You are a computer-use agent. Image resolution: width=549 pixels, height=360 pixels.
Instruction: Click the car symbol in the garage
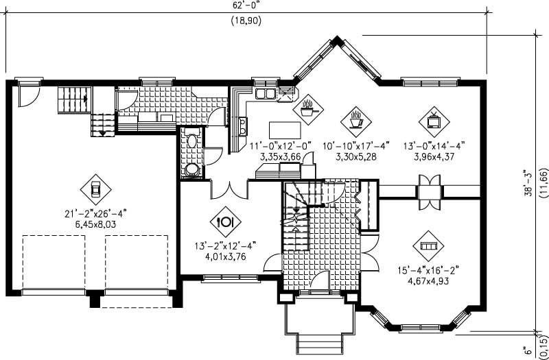tap(95, 187)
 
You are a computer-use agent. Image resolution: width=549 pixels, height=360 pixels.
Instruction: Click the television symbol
tap(434, 119)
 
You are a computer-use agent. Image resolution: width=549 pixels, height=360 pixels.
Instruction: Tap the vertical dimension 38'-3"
tap(527, 184)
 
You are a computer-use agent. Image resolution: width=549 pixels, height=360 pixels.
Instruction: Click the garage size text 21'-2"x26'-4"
tap(94, 212)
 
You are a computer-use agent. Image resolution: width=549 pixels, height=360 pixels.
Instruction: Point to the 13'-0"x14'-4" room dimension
tap(434, 145)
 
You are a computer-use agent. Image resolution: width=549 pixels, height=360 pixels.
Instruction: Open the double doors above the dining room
tap(229, 188)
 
